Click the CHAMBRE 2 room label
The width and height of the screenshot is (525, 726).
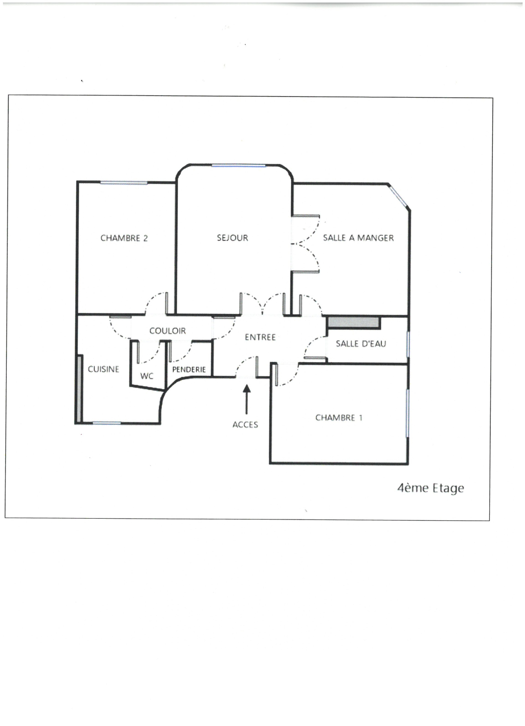click(124, 238)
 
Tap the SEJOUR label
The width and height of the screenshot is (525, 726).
click(232, 238)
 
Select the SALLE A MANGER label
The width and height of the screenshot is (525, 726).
click(358, 238)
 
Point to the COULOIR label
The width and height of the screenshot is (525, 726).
click(167, 331)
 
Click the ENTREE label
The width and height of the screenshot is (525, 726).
click(260, 337)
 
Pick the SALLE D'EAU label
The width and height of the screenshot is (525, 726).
click(361, 344)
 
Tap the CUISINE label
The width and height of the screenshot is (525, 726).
click(103, 369)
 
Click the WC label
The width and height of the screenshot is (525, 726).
click(147, 376)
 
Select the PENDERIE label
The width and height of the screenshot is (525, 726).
click(189, 370)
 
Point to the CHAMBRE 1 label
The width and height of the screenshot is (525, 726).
click(339, 418)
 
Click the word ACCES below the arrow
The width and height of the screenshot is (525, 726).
click(245, 425)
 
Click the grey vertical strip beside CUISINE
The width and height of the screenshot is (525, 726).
click(79, 389)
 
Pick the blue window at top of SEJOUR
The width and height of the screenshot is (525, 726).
click(239, 166)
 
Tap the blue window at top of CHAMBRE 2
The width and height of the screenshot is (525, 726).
click(124, 182)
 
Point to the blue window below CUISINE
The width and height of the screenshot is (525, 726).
click(107, 423)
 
